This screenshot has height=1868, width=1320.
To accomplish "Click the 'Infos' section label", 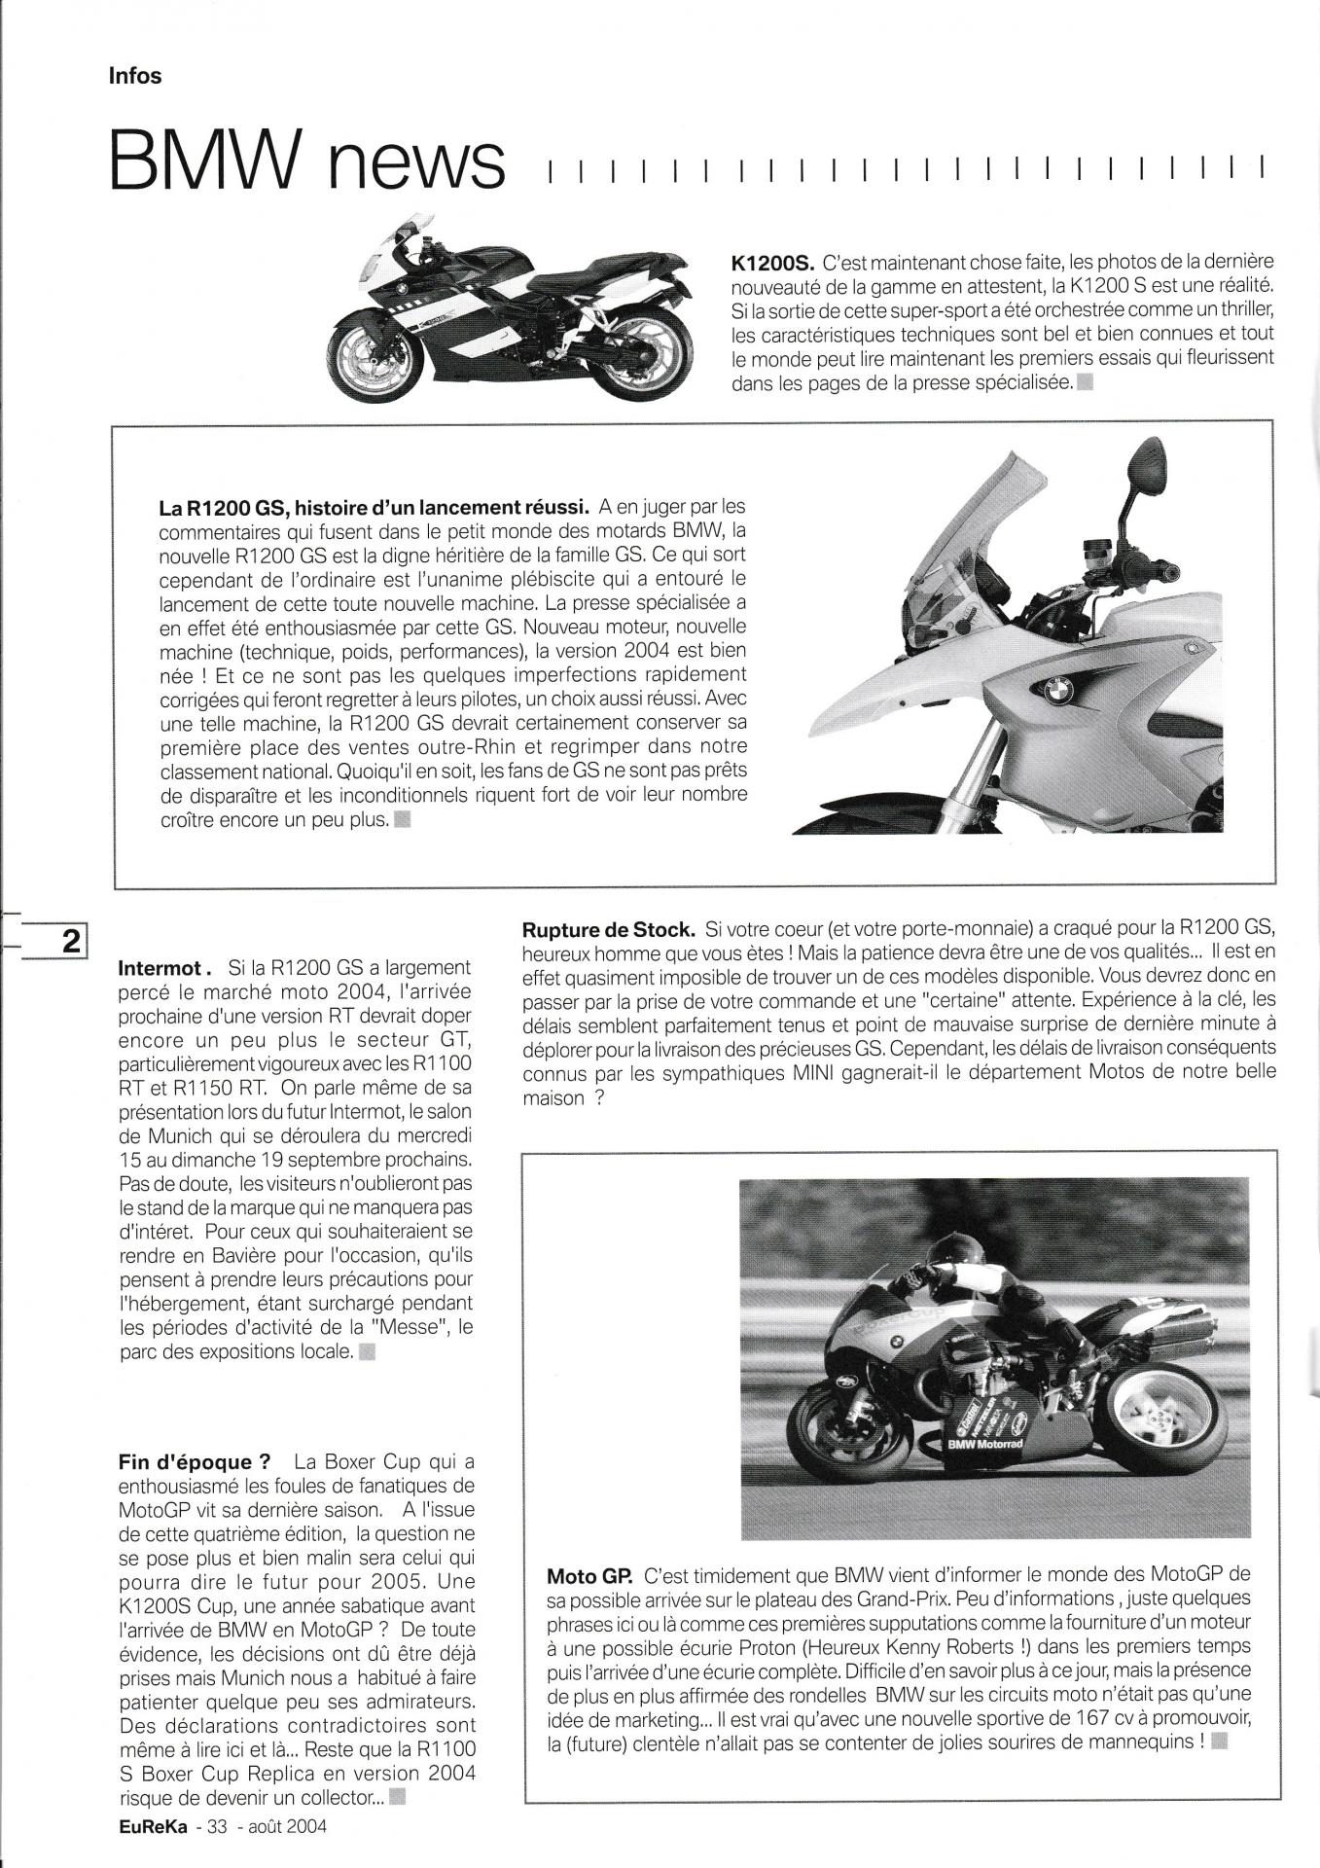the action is pos(135,76).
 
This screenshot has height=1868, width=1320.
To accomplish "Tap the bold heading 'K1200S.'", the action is pos(772,263).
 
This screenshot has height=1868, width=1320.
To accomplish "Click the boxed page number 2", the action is pos(71,942).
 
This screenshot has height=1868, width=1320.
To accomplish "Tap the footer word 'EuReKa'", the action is pos(148,1827).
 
